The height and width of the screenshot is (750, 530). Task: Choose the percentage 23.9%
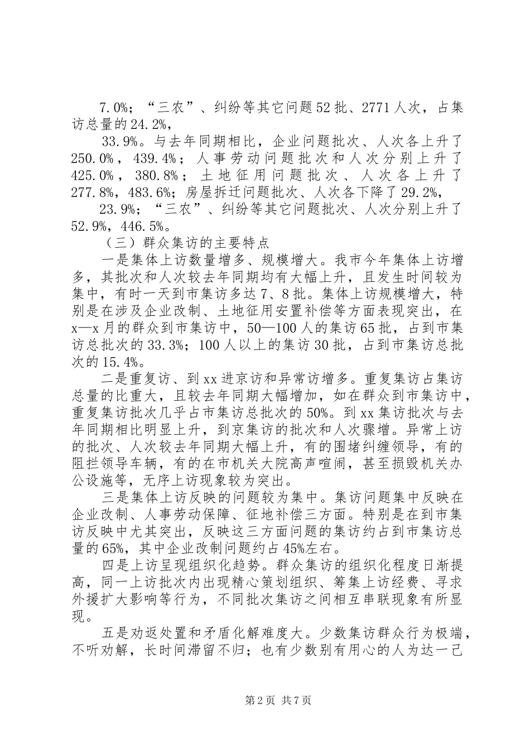point(119,210)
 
